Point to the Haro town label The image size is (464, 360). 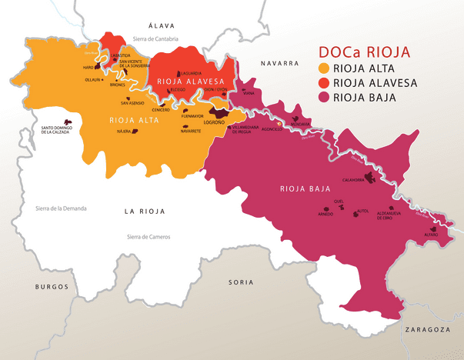coord(88,68)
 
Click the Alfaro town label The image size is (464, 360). coord(431,235)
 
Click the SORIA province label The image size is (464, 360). coord(241,282)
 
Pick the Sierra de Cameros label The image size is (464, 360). coord(149,237)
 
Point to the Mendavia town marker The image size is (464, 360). coord(296,118)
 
